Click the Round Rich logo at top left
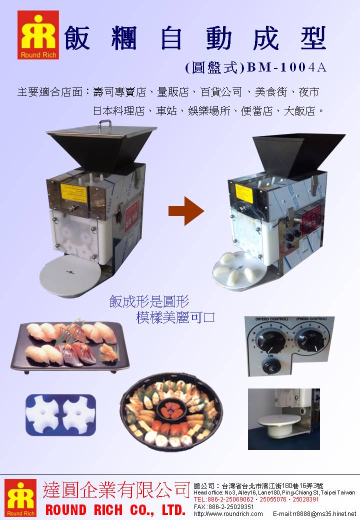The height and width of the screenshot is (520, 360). (38, 35)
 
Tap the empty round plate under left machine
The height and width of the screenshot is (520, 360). (71, 272)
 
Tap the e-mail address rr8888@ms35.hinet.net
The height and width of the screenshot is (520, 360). (314, 513)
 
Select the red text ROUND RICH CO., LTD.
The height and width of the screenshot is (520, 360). (115, 510)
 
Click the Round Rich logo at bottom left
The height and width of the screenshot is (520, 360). (20, 497)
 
